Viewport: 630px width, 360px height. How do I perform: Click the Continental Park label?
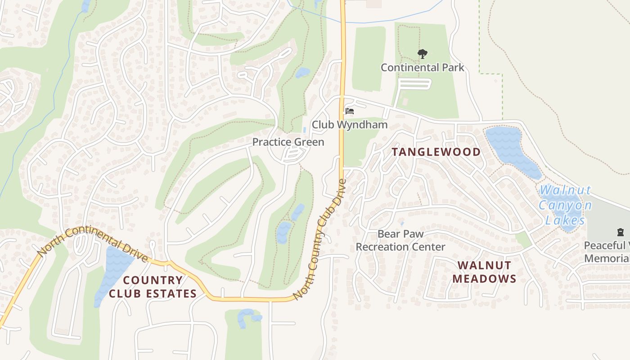(x=422, y=67)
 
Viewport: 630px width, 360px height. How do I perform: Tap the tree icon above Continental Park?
(x=422, y=54)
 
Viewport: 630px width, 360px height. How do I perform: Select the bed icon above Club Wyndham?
(x=350, y=111)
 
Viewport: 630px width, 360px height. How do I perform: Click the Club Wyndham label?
(x=350, y=125)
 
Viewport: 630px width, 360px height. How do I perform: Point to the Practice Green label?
(x=288, y=142)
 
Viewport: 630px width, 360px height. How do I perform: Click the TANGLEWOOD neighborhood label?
(x=436, y=152)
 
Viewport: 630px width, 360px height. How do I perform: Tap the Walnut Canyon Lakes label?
(x=565, y=205)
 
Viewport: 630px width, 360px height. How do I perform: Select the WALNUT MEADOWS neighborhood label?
(x=484, y=272)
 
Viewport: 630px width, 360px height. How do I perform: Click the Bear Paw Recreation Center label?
(x=400, y=240)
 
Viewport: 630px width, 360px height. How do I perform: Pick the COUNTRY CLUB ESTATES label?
(x=153, y=287)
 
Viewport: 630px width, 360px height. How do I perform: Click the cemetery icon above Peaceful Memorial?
(x=621, y=233)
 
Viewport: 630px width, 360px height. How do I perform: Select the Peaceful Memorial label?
(x=607, y=252)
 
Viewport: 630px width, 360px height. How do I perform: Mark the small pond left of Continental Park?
(x=302, y=72)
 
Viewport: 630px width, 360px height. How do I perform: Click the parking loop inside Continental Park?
(x=414, y=84)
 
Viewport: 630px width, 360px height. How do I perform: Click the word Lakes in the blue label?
(x=565, y=220)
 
